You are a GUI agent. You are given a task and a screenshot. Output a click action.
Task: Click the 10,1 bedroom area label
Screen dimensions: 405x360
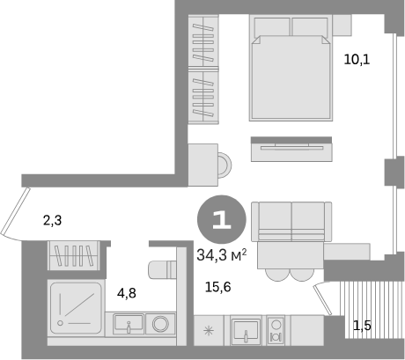(x=357, y=60)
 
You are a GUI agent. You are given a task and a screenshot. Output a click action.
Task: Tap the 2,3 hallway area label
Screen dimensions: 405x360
(x=52, y=220)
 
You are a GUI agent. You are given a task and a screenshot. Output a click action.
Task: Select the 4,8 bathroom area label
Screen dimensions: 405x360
(x=127, y=293)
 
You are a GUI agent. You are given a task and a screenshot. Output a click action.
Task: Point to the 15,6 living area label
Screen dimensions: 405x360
(x=217, y=287)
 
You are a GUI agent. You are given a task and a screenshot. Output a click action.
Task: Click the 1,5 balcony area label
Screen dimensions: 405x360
(x=362, y=326)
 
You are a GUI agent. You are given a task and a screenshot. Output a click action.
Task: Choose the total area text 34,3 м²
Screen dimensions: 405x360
(x=221, y=255)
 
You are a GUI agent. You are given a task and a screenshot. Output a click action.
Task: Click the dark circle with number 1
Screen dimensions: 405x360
(x=221, y=219)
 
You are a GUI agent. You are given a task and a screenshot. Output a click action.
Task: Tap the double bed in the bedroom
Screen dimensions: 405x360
(x=291, y=68)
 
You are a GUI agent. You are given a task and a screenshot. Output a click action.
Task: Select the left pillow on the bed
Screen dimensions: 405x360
(x=272, y=26)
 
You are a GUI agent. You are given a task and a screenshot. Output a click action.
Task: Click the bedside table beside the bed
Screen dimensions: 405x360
(x=342, y=26)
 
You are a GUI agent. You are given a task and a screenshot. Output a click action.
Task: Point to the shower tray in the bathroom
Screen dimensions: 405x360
(x=77, y=308)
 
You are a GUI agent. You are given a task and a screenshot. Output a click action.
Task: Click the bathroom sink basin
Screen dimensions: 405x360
(x=129, y=324)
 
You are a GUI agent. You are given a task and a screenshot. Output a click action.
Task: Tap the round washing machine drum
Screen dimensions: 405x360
(x=160, y=324)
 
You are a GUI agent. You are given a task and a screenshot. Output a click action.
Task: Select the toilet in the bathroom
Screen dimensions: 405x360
(x=163, y=269)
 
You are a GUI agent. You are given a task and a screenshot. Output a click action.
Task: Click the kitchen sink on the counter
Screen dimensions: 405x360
(x=246, y=330)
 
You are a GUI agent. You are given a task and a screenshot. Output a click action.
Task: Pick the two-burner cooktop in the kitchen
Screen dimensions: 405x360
(x=276, y=330)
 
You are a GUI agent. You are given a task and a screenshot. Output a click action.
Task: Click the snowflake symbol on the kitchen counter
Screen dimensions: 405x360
(x=209, y=331)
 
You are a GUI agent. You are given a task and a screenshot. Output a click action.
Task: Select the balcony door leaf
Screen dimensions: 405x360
(x=322, y=300)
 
